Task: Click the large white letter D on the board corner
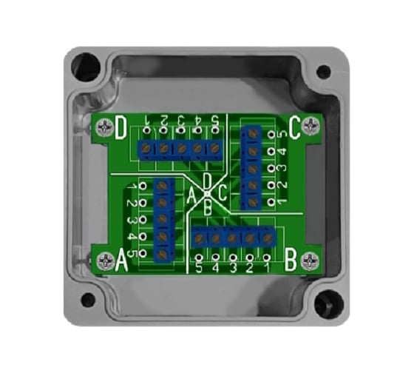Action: (x=120, y=130)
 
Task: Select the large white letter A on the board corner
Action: (x=120, y=260)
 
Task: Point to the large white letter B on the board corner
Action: (x=290, y=260)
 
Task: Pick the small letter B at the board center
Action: (x=208, y=210)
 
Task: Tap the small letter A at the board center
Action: (x=191, y=196)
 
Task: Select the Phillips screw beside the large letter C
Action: (x=313, y=128)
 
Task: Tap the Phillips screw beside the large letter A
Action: (x=100, y=260)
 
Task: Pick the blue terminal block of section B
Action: (x=234, y=238)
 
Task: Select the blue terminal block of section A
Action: (x=163, y=219)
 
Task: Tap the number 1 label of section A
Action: (x=132, y=185)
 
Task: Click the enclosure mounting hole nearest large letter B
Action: (x=325, y=302)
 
